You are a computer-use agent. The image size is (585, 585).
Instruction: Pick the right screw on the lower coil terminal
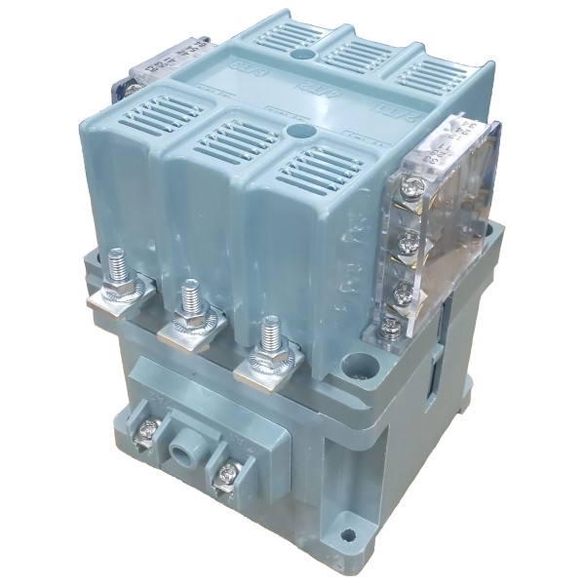(x=227, y=474)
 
